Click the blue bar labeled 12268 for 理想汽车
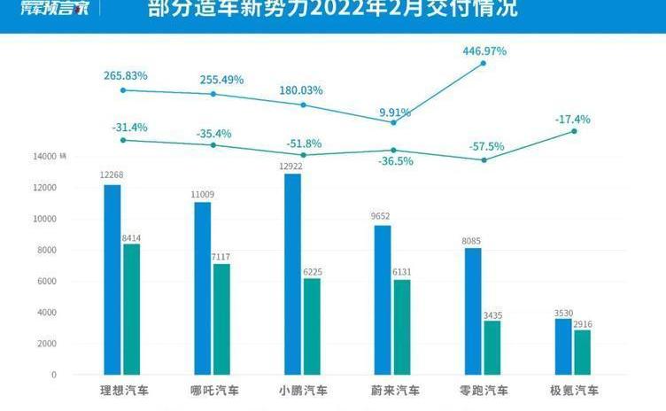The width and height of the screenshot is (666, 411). (x=112, y=279)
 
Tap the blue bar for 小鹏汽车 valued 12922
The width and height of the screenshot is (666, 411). (x=292, y=274)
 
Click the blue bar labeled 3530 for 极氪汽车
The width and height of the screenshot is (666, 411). (x=563, y=346)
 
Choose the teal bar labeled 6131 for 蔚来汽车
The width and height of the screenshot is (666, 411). (x=402, y=327)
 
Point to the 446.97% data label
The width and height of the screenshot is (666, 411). (x=484, y=51)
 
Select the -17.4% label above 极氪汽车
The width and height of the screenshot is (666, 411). (x=574, y=119)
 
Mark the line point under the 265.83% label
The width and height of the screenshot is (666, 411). (x=123, y=89)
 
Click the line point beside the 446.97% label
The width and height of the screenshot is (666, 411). (x=484, y=63)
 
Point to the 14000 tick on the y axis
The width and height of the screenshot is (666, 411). (x=44, y=157)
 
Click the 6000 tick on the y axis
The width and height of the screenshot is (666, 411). (x=46, y=282)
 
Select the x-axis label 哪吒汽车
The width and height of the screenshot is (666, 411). (x=213, y=391)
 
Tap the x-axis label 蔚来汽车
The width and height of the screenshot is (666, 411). (x=395, y=391)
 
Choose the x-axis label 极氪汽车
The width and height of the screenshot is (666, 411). (x=574, y=391)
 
